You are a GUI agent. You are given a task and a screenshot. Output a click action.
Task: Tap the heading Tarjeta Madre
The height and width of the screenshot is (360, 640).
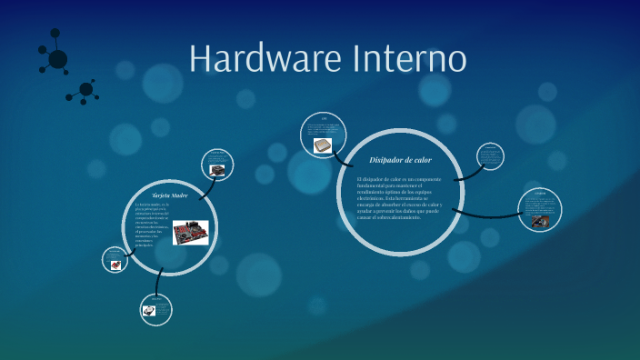pyautogui.click(x=169, y=195)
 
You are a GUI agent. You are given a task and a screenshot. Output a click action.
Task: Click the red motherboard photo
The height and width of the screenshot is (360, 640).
pyautogui.click(x=190, y=232)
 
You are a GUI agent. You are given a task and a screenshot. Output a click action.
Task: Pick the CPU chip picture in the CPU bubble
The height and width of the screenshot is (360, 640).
pyautogui.click(x=323, y=145)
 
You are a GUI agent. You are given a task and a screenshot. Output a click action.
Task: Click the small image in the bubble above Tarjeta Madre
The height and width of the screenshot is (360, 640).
pyautogui.click(x=217, y=169)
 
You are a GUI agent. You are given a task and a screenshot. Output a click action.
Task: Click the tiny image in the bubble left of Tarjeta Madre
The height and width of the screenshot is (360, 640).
pyautogui.click(x=115, y=265)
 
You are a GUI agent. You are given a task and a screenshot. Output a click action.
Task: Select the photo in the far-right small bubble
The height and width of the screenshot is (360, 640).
pyautogui.click(x=539, y=220)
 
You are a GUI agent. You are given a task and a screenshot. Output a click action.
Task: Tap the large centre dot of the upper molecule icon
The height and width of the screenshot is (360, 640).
pyautogui.click(x=57, y=59)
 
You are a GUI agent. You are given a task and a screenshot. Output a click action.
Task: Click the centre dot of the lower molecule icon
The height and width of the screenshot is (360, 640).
pyautogui.click(x=86, y=89)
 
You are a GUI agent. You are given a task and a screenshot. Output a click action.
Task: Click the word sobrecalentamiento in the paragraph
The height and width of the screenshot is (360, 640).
pyautogui.click(x=391, y=217)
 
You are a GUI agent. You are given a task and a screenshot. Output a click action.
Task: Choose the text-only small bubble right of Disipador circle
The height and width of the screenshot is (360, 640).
pyautogui.click(x=490, y=155)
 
